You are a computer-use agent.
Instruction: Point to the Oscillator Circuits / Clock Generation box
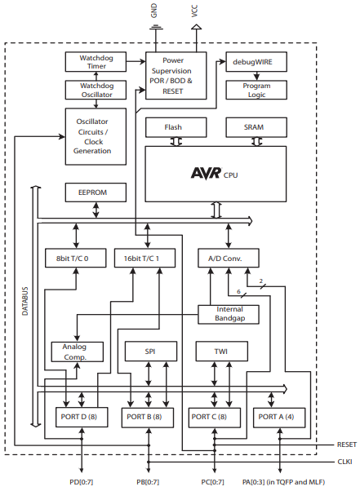92,133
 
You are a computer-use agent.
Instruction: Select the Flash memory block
174,127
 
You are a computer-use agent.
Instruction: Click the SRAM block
256,127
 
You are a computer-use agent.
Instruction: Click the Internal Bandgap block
229,314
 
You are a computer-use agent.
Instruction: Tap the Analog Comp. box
78,351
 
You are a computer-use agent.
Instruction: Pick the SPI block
149,351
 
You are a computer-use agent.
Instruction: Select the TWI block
220,351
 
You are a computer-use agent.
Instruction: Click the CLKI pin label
346,461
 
